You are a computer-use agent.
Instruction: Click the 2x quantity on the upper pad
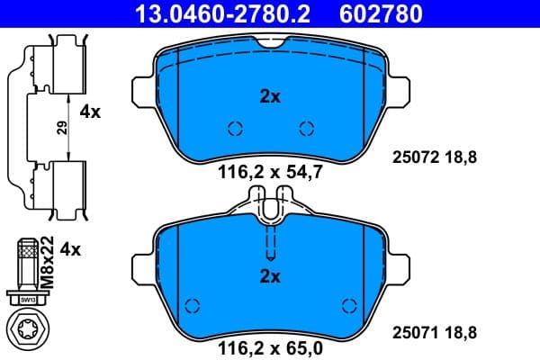coord(270,97)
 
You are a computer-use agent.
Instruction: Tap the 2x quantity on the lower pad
coord(270,276)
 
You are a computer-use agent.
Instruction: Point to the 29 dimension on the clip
coord(62,128)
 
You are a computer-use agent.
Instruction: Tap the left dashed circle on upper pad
coord(235,128)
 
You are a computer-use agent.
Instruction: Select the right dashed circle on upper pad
coord(306,128)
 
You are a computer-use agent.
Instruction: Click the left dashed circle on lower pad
coord(191,303)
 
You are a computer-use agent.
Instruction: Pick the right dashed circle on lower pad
coord(350,303)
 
